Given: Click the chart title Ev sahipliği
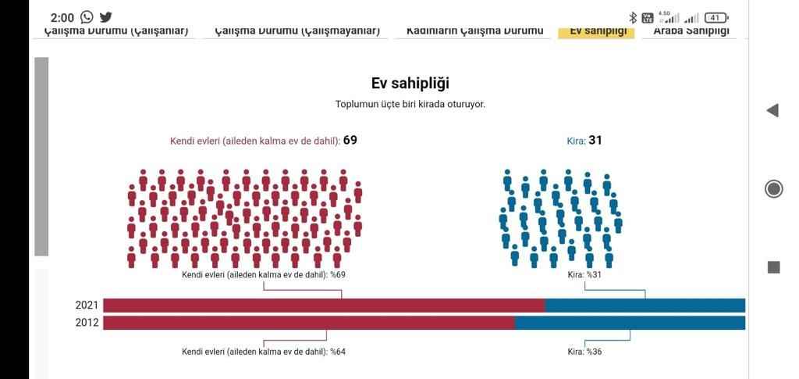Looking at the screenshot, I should [410, 83].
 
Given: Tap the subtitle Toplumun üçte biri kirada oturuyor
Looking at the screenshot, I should [410, 104].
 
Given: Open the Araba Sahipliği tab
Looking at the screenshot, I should [691, 31].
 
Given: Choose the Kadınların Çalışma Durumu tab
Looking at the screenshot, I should [474, 31].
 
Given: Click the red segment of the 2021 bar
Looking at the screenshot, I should [324, 306].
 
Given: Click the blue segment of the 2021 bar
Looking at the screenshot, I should [645, 306].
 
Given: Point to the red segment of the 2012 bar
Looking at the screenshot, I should [308, 323].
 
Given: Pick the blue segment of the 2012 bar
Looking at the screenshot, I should [630, 323].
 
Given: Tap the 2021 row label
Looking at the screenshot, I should [87, 306].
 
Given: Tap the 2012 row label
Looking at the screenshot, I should [87, 323].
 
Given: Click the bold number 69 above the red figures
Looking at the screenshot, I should [350, 141].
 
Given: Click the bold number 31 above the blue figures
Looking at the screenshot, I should [595, 141].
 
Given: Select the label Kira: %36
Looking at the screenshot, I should [584, 352].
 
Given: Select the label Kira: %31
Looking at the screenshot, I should [584, 275].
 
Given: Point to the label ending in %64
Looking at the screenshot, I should [264, 352].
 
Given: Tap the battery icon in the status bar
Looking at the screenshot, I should [716, 18].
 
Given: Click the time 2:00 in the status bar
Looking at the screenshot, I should [62, 18].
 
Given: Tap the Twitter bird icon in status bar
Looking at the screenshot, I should [106, 17].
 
